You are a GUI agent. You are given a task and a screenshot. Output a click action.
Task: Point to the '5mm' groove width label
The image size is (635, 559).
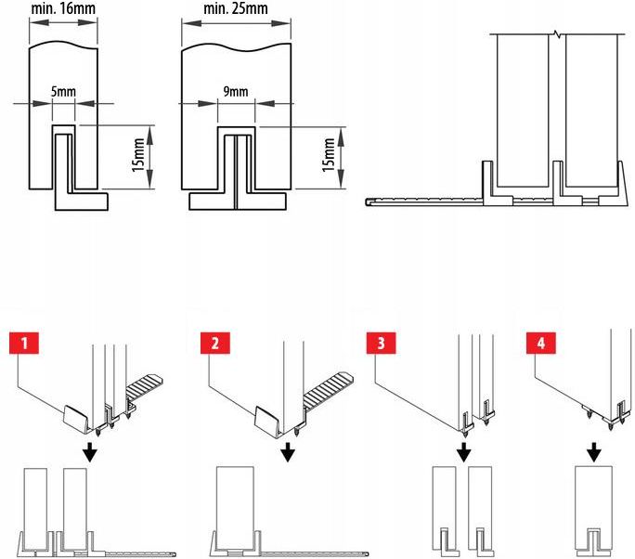[64, 92]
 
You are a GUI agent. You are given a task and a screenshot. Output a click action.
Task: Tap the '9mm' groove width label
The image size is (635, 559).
[237, 92]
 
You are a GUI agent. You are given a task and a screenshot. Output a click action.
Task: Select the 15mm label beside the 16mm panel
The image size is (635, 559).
[139, 153]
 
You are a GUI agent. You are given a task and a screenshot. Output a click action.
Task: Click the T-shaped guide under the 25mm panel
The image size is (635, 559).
[236, 199]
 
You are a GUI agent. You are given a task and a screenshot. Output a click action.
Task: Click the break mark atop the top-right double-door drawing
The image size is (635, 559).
[556, 34]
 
